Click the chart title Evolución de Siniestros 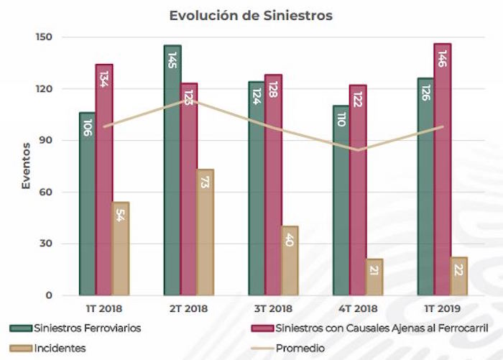[x=251, y=15]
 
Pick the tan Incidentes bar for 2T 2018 [x=206, y=233]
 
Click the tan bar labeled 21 [x=374, y=277]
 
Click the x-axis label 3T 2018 [x=272, y=309]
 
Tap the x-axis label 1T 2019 [x=440, y=309]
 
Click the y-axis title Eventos [x=26, y=166]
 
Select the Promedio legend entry [x=302, y=348]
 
